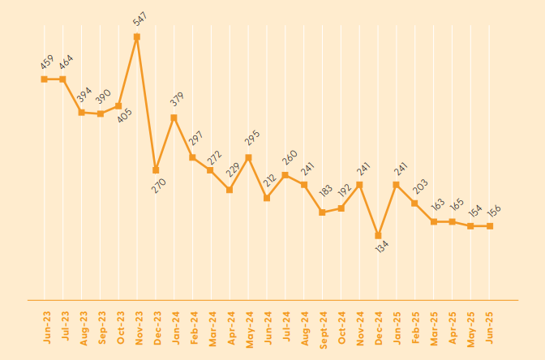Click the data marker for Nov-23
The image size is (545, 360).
pos(137,36)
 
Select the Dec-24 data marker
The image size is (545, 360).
pos(378,236)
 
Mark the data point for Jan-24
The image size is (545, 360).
pos(174,118)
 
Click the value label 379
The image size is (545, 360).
pos(178,100)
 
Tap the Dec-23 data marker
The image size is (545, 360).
pos(156,170)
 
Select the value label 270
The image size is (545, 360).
pos(158,186)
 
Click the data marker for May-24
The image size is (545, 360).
pos(248,157)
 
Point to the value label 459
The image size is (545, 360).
pos(46,62)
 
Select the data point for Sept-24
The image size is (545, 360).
pos(322,212)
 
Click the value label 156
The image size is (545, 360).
pos(494,211)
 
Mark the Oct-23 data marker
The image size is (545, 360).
pos(118,106)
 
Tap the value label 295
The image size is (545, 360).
pos(252,139)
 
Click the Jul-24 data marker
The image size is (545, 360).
pos(285,174)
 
